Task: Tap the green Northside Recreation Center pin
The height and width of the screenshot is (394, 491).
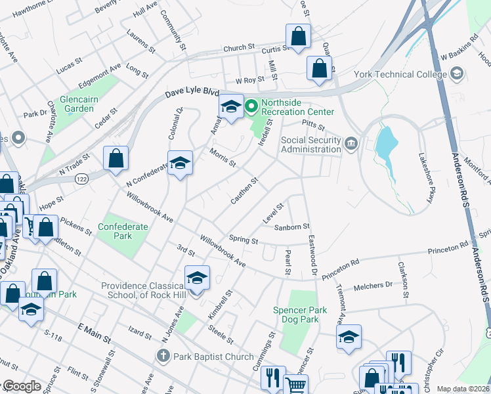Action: [x=251, y=105]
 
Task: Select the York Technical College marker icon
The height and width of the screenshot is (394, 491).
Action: [x=457, y=74]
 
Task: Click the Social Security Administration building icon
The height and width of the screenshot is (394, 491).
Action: [x=351, y=143]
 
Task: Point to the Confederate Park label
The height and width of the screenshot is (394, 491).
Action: [x=122, y=231]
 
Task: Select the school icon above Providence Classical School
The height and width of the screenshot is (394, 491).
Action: [x=196, y=278]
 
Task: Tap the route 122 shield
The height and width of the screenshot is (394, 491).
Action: [x=82, y=179]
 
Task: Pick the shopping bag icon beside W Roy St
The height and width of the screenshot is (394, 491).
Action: [x=319, y=68]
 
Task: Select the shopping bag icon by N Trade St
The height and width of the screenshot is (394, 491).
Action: [x=116, y=158]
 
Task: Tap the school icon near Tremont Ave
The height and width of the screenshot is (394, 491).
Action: [x=349, y=338]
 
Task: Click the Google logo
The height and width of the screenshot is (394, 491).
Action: [x=22, y=386]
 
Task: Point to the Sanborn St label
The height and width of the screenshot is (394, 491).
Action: [x=291, y=227]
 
